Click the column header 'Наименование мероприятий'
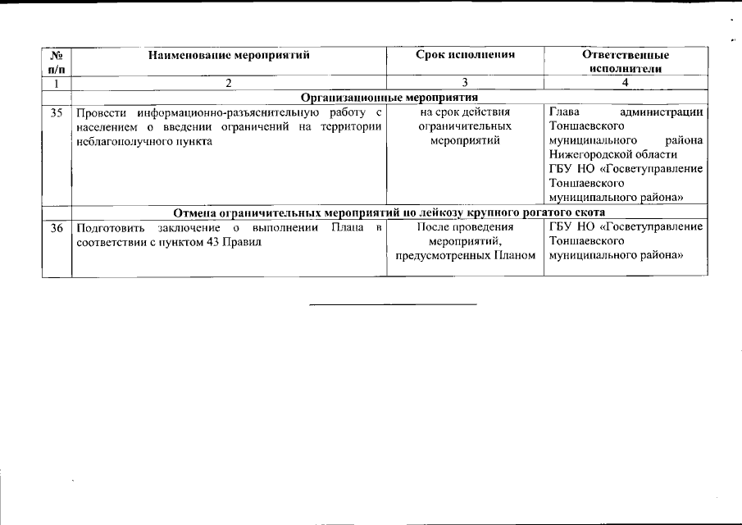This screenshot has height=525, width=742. point(229,55)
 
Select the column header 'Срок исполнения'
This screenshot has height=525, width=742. point(465,55)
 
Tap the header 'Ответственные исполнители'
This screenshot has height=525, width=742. point(625,62)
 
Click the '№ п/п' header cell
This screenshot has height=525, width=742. point(57,62)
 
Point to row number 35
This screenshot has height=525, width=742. point(57,112)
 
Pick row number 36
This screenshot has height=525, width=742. point(57,226)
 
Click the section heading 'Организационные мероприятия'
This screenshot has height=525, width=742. point(389,98)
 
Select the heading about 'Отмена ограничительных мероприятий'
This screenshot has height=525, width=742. point(389,212)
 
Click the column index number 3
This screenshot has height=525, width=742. point(465,83)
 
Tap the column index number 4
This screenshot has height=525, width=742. point(625,83)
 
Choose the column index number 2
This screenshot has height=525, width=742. point(229,83)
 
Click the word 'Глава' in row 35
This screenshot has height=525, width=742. point(564,112)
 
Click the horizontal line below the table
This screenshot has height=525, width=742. point(392,304)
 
